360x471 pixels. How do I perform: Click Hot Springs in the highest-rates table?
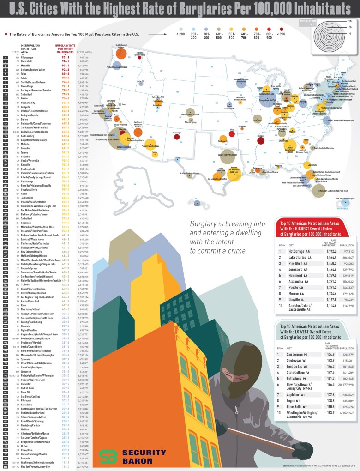click(x=298, y=251)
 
